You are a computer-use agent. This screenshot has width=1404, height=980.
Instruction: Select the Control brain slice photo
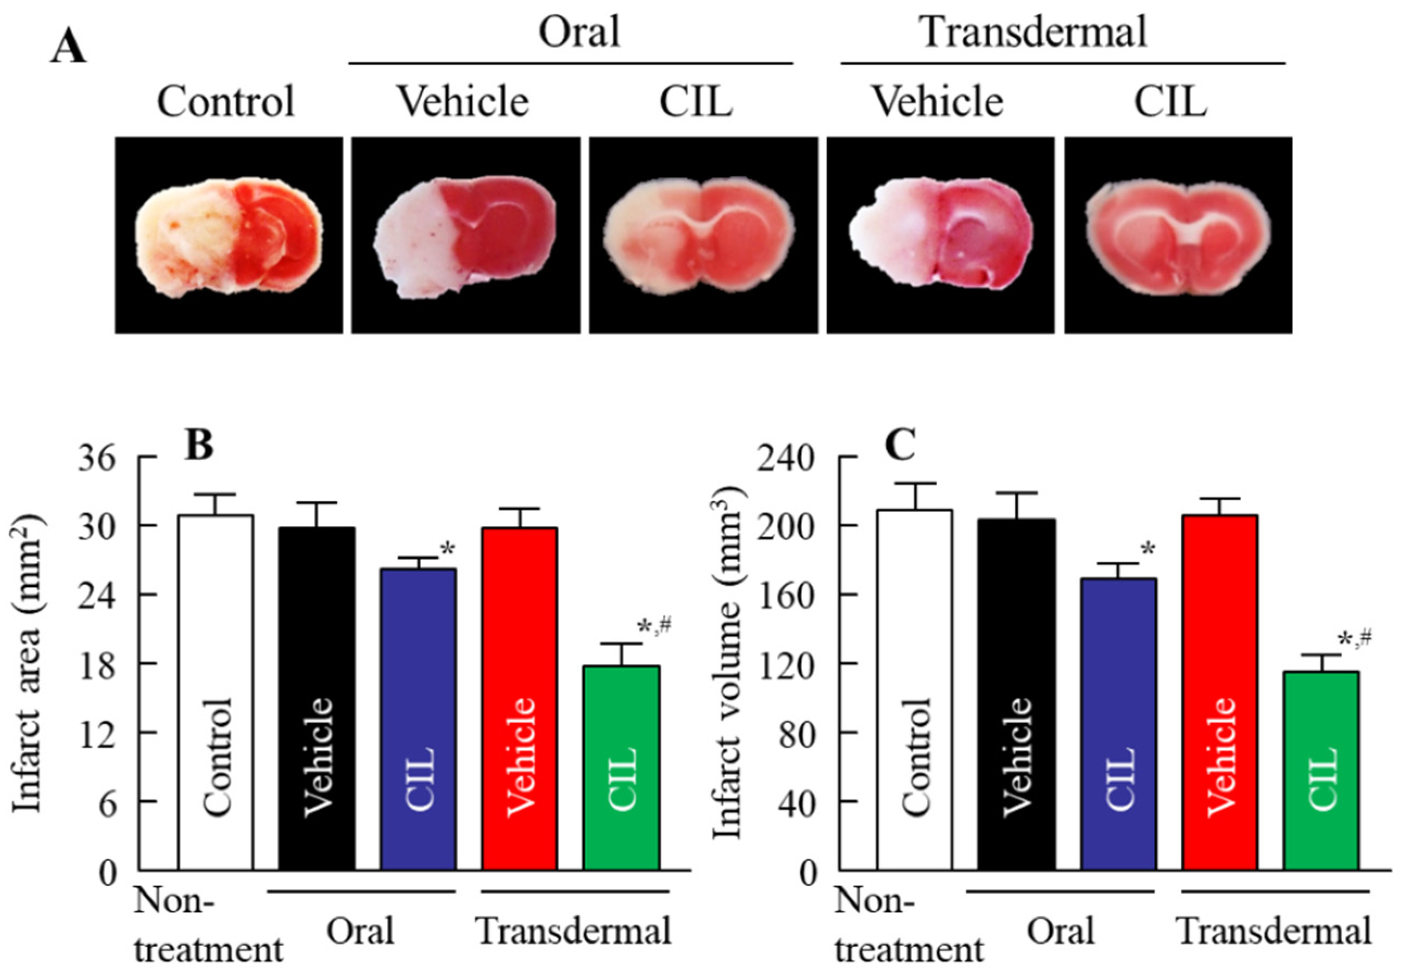point(229,236)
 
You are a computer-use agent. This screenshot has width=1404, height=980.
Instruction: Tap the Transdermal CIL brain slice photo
point(1178,236)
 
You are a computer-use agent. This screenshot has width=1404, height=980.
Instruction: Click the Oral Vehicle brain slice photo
point(465,236)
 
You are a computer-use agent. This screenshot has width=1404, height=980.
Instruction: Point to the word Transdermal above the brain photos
point(1034,32)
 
